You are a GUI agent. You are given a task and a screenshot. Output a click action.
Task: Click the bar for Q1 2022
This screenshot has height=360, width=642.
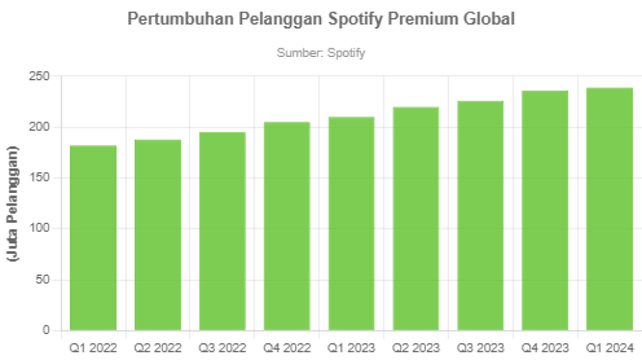coord(93,237)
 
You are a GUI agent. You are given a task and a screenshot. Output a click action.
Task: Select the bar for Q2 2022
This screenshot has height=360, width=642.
coord(158,234)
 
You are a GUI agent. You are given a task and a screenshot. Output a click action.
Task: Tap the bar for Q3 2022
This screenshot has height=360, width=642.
coord(222,231)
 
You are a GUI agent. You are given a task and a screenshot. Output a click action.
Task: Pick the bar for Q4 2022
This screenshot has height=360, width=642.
coord(287,225)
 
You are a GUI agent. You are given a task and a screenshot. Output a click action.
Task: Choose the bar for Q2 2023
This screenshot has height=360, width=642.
coord(417,218)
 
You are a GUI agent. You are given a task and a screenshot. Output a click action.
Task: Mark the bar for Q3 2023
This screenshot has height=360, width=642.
coord(481,215)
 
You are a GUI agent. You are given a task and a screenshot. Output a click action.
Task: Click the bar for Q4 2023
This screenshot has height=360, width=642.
coord(546,210)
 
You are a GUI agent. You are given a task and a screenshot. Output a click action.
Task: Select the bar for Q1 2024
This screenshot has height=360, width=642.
coord(610,208)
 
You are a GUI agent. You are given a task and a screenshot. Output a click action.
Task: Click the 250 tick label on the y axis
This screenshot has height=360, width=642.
coord(39,76)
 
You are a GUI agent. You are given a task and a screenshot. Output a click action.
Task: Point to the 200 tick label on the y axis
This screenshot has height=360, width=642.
coord(39,127)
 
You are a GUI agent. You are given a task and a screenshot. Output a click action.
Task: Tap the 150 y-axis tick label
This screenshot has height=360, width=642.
coord(39,178)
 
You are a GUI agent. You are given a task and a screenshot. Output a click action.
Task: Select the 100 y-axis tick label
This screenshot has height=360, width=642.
coord(39,228)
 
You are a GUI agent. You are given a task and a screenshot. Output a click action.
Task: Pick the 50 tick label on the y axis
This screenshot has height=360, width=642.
coord(43,279)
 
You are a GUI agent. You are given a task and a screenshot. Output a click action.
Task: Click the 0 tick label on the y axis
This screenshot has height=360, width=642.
coord(47,330)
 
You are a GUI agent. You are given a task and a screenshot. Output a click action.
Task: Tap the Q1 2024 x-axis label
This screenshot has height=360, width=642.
coord(610,348)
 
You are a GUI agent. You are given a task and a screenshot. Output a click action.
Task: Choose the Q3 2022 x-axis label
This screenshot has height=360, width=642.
coord(222,348)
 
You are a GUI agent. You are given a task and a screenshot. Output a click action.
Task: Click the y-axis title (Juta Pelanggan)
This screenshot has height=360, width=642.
coord(13,203)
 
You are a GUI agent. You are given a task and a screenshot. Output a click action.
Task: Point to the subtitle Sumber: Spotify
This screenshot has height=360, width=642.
coord(321,52)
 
